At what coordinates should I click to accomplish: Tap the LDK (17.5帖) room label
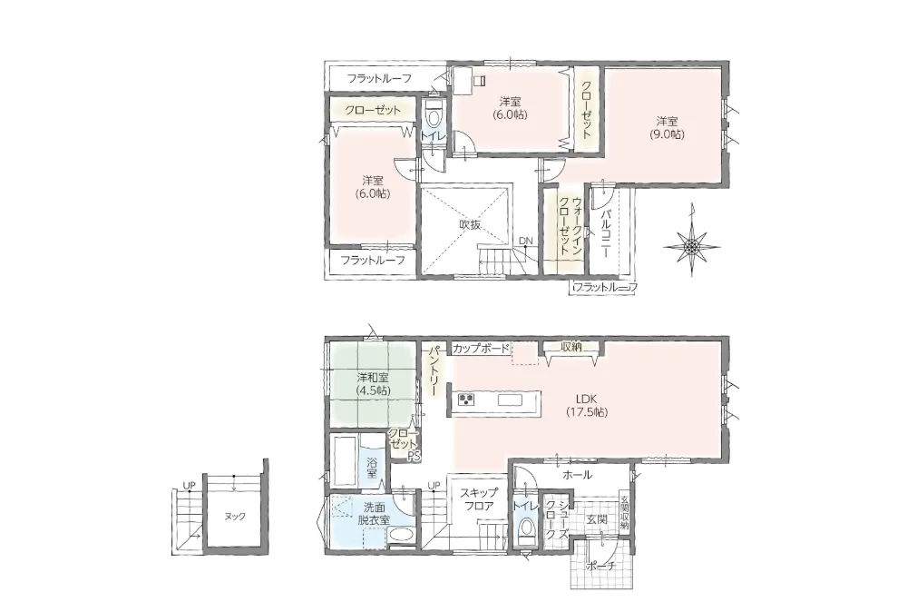point(586,405)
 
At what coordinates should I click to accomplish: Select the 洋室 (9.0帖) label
point(667,128)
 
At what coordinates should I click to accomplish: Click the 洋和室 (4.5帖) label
point(373,384)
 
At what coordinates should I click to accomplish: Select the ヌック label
point(234,517)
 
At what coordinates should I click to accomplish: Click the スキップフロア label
point(478,499)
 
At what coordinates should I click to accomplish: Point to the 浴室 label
point(372,468)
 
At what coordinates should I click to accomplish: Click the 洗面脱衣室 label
point(374,512)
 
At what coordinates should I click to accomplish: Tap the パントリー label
point(434,371)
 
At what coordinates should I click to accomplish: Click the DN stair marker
point(525,241)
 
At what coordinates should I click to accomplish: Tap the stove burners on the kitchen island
point(466,400)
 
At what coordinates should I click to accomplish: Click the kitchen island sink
point(510,400)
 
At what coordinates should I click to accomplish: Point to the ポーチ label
point(600,567)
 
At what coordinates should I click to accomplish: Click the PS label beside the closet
point(414,456)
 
